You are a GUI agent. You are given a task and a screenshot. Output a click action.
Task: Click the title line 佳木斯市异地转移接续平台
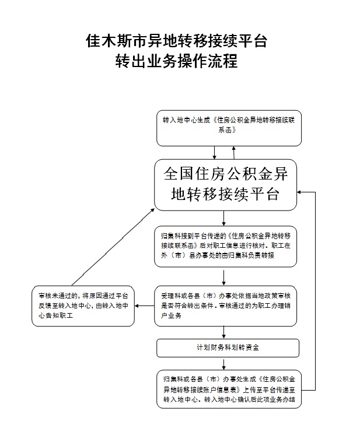[176, 41]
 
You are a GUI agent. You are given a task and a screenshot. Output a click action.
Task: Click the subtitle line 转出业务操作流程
[176, 61]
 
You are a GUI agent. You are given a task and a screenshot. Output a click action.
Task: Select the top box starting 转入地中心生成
[229, 128]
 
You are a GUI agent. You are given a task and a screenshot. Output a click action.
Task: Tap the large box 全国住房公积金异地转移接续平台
[226, 185]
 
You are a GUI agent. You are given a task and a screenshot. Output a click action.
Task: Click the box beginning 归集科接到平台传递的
[226, 247]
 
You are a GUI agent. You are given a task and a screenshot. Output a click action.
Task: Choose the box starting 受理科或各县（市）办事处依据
[226, 306]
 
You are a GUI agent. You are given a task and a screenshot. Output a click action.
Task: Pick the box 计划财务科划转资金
[228, 348]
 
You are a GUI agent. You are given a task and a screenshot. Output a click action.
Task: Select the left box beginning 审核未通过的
[83, 306]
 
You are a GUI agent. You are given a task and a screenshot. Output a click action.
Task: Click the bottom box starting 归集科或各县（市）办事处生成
[229, 389]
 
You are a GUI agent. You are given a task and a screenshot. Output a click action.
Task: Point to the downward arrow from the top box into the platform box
[215, 153]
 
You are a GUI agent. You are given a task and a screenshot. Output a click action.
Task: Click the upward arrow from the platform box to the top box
[233, 153]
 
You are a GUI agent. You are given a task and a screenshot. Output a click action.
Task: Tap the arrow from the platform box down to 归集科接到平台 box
[223, 218]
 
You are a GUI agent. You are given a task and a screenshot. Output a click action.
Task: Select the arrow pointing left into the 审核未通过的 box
[145, 305]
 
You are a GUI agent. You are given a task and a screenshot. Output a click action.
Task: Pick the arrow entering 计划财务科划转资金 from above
[223, 333]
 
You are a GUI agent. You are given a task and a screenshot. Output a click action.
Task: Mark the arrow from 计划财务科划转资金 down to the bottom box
[223, 363]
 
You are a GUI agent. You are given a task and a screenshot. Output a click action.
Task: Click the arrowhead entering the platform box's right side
[299, 192]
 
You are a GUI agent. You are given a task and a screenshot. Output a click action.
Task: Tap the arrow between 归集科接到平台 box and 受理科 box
[223, 278]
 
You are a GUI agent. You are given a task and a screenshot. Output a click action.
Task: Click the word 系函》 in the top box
[227, 130]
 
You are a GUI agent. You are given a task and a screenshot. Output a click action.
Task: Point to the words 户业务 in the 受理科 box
[171, 315]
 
